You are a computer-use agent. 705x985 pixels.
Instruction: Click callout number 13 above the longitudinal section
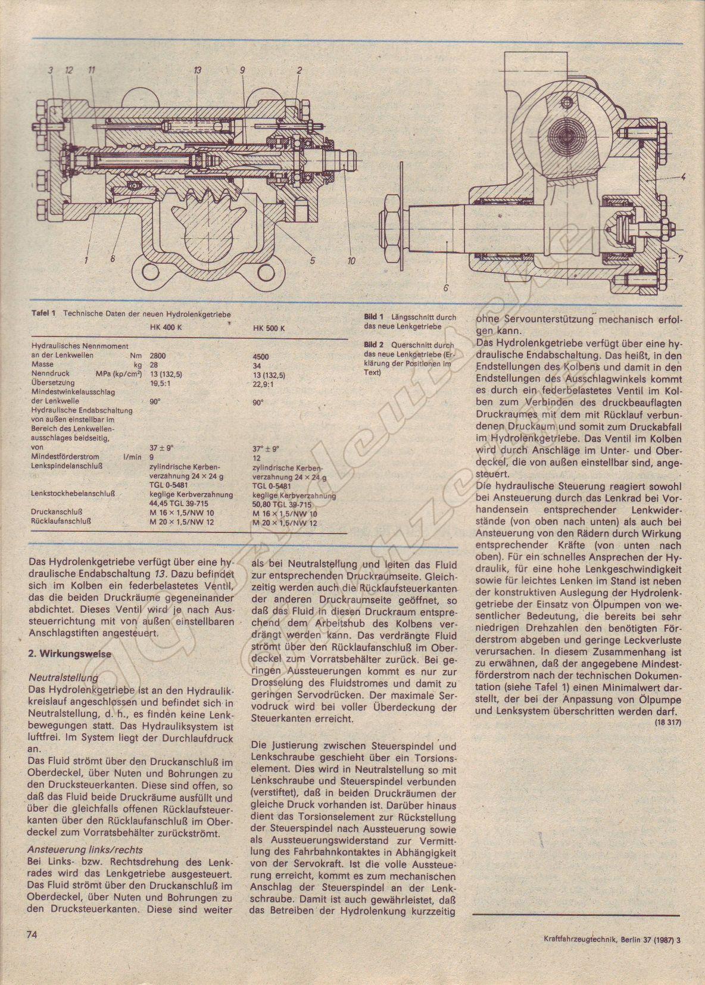coord(197,70)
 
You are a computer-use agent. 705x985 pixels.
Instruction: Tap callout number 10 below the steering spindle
coord(351,260)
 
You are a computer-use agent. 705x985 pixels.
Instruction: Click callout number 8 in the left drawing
coord(112,258)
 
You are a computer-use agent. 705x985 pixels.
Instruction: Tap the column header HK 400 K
coord(166,328)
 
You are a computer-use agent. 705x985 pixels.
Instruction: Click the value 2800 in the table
coord(158,356)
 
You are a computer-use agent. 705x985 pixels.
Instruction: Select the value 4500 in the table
coord(261,357)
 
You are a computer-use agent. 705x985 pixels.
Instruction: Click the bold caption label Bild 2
coord(374,345)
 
